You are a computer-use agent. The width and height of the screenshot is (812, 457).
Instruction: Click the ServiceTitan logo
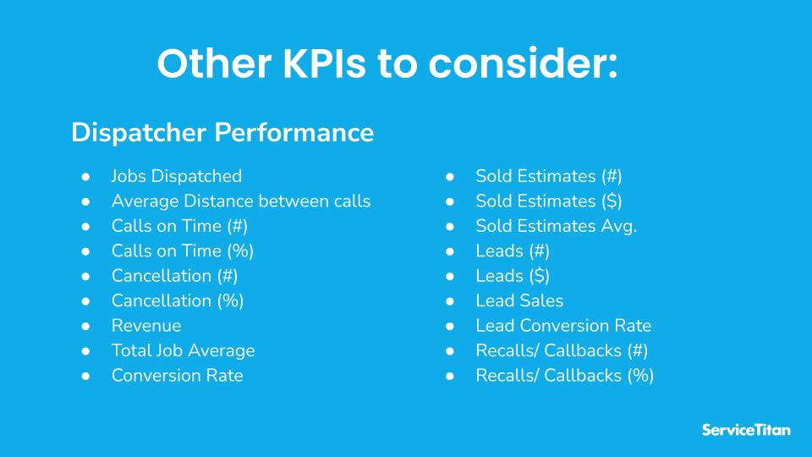[746, 430]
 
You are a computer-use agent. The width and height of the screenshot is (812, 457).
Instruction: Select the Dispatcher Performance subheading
[222, 133]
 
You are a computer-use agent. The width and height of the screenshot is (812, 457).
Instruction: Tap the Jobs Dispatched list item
[176, 176]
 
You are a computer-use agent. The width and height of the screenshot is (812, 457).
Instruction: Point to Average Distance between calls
[240, 201]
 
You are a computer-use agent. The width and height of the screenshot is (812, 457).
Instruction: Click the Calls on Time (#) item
[179, 226]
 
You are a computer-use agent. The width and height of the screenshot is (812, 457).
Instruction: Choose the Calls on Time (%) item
[182, 251]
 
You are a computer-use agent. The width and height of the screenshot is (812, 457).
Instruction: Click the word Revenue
[145, 326]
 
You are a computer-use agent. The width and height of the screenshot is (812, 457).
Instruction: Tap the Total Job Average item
[183, 350]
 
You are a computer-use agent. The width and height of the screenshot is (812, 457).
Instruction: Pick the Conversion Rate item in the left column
[177, 376]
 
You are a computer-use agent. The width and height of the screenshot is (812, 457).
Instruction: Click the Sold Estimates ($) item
[549, 201]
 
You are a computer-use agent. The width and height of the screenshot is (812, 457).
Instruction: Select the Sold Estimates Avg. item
[556, 226]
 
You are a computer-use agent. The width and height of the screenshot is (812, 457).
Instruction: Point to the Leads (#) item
[513, 251]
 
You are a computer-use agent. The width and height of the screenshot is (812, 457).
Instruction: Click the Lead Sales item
[519, 300]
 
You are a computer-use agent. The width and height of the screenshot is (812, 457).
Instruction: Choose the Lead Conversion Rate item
[563, 326]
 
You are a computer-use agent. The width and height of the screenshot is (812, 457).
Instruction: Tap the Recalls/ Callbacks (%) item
[564, 376]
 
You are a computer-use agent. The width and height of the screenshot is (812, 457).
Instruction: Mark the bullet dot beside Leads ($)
[451, 276]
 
